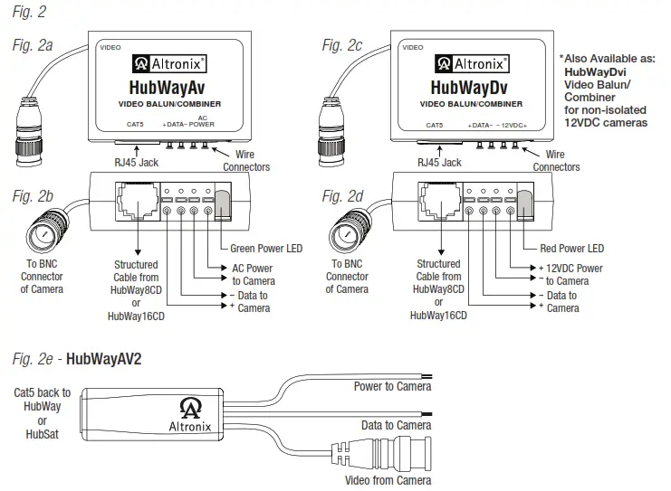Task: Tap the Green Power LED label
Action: click(x=267, y=248)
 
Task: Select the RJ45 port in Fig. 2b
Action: click(x=133, y=200)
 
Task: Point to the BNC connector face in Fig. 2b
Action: click(x=42, y=238)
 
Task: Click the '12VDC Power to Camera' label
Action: click(x=570, y=274)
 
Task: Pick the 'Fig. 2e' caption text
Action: click(x=29, y=358)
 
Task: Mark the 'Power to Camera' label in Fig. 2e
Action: click(x=391, y=386)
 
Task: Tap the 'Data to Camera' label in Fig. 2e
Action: click(x=395, y=425)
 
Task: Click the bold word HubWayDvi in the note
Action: click(x=595, y=70)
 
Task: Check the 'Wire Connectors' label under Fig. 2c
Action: click(x=556, y=161)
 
